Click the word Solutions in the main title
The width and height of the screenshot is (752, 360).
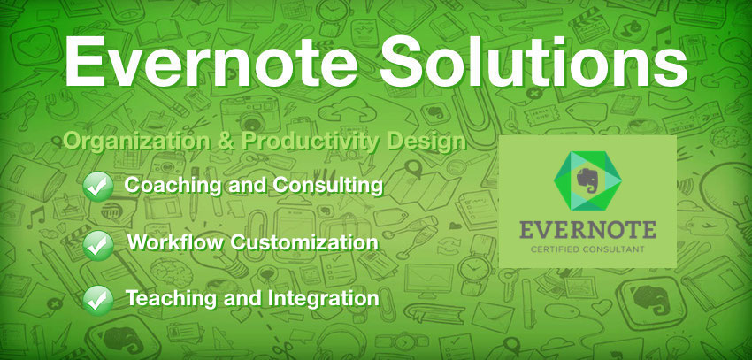[534, 60]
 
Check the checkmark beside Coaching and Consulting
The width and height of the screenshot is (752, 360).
[98, 186]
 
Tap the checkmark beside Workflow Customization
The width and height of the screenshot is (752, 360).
[98, 245]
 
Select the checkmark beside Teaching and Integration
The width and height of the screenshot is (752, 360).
[98, 300]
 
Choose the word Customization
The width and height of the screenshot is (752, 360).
[304, 242]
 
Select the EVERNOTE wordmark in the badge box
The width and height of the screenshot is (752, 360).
[587, 230]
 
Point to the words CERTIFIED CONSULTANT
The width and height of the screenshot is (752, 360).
[587, 249]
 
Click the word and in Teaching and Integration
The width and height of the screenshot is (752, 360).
[242, 298]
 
